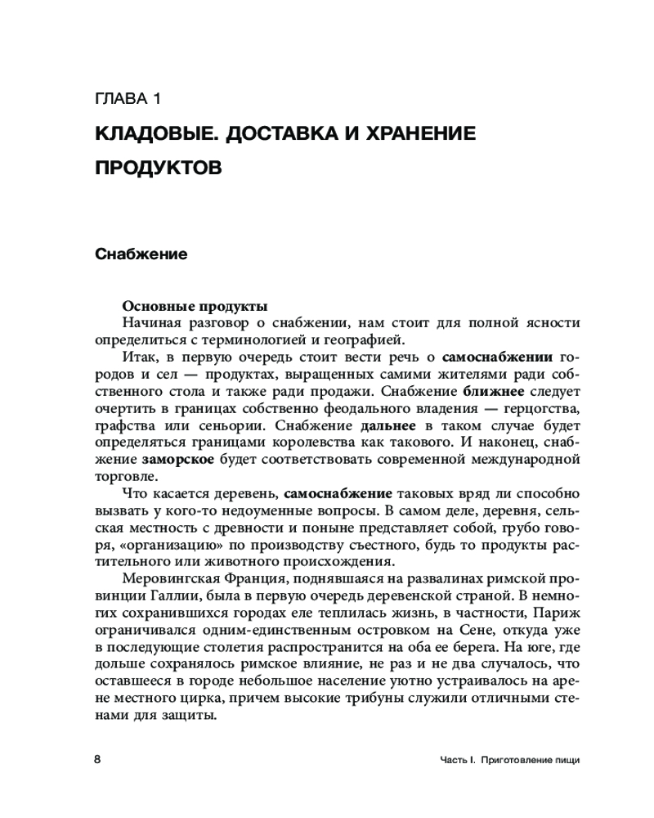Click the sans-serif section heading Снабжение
[x=141, y=254]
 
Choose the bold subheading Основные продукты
[x=194, y=307]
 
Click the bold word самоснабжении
[x=497, y=357]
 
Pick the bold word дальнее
[x=388, y=426]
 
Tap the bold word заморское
[x=178, y=461]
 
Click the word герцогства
[x=540, y=409]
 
